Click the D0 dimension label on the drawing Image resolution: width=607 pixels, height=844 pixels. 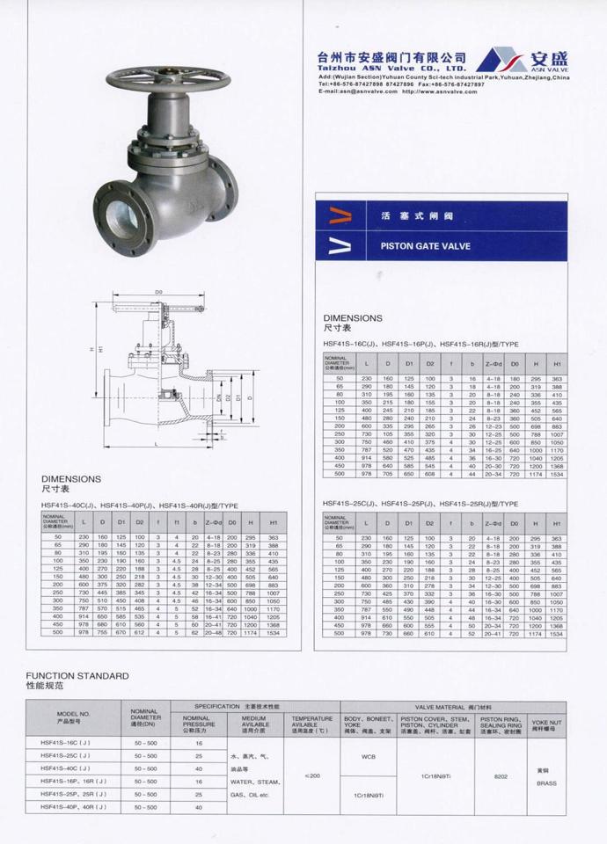coord(158,291)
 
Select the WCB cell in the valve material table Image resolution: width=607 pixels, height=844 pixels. coord(368,755)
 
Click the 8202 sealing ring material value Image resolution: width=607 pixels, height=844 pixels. coord(501,776)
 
